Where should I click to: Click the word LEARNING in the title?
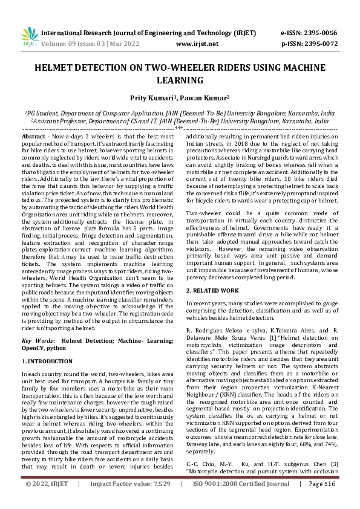(x=180, y=80)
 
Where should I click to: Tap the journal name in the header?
(x=151, y=33)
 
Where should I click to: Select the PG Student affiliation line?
(x=179, y=113)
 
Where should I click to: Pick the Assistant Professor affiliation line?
(x=179, y=121)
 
